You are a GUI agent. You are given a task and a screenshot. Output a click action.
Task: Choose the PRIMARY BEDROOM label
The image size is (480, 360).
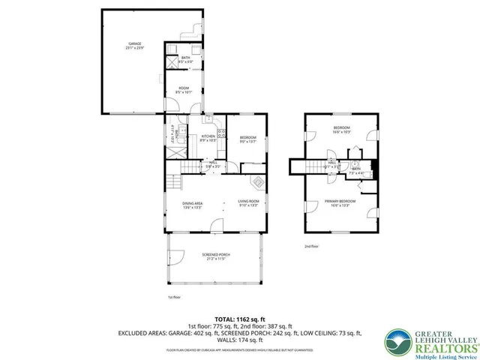(340, 202)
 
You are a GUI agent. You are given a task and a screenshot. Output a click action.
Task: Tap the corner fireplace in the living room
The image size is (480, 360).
(256, 181)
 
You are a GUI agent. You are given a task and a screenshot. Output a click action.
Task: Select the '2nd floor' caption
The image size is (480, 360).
(311, 246)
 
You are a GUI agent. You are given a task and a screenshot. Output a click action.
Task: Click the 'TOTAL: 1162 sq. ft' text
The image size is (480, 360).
(239, 318)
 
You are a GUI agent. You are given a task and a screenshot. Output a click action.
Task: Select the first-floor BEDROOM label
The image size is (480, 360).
(247, 138)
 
